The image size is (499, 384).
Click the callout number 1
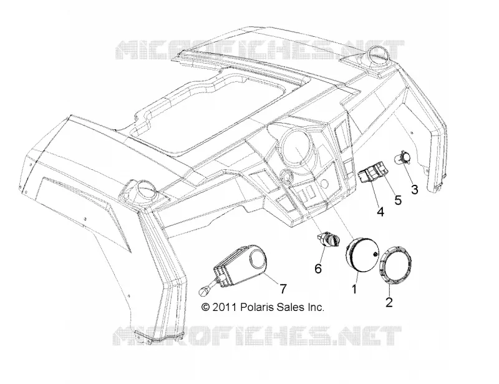(x=354, y=289)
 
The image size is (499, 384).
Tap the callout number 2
(x=389, y=302)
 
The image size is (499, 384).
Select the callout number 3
(x=415, y=190)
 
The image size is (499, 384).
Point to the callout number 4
(x=380, y=211)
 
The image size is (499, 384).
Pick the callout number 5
(x=398, y=200)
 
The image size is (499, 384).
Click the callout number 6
(x=318, y=268)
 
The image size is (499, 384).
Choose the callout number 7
(x=283, y=288)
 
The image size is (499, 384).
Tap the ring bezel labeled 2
(x=395, y=265)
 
